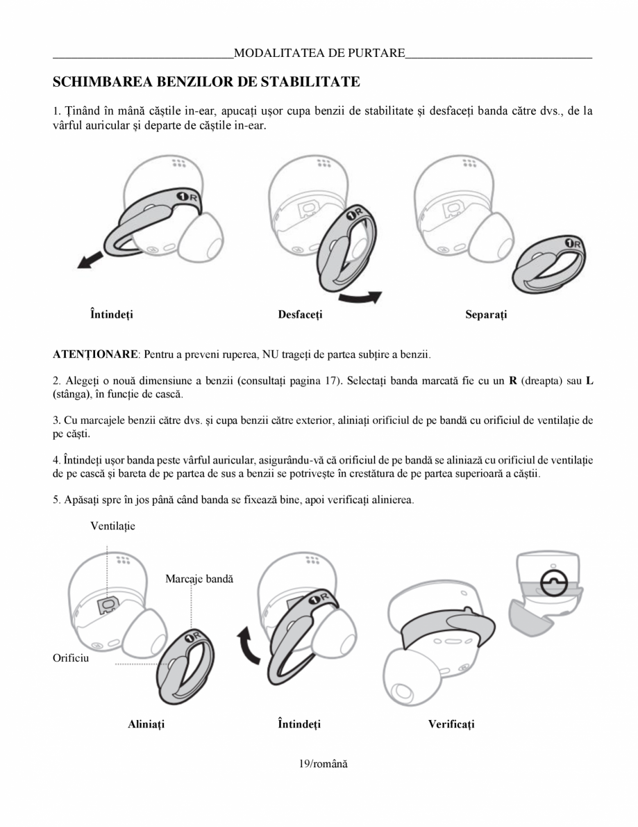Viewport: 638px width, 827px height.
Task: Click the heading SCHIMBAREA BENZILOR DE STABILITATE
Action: point(206,82)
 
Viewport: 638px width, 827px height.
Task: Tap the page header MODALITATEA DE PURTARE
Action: point(319,53)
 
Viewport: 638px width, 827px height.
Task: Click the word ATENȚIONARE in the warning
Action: point(95,354)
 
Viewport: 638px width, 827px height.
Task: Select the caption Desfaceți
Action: point(300,315)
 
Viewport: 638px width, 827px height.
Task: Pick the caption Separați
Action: point(486,315)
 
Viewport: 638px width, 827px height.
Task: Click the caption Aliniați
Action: point(146,724)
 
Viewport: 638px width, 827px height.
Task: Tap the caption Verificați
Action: point(451,724)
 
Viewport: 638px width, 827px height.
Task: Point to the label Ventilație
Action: point(112,526)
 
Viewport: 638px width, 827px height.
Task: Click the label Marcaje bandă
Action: point(199,578)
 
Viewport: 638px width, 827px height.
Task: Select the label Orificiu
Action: point(71,657)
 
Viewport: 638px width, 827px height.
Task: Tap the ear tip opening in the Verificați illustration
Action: point(401,692)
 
